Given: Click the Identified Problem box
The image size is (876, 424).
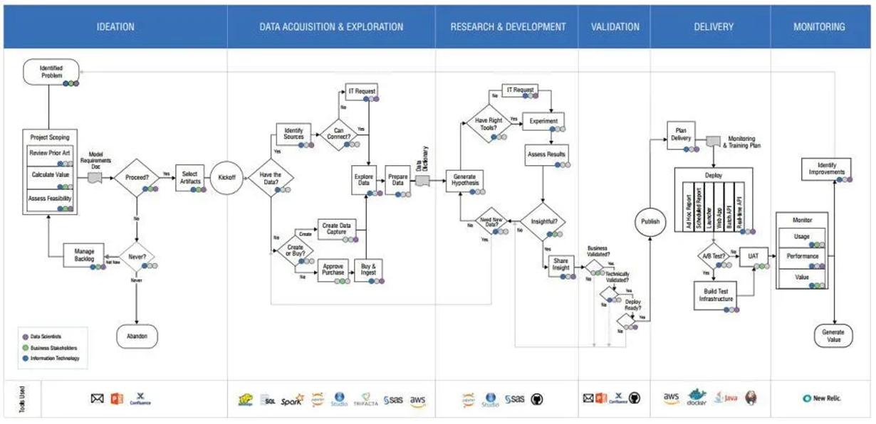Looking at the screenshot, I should pyautogui.click(x=51, y=71).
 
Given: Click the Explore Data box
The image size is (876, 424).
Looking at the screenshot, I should pyautogui.click(x=364, y=178).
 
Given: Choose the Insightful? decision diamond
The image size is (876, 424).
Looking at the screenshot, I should pyautogui.click(x=545, y=221).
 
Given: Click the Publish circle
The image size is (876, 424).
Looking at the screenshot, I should pyautogui.click(x=650, y=221).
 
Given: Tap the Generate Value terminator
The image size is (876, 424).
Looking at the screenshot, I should pyautogui.click(x=833, y=336).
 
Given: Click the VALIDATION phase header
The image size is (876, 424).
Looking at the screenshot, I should pyautogui.click(x=615, y=27).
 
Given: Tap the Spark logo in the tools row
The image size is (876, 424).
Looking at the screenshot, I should pyautogui.click(x=291, y=401).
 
